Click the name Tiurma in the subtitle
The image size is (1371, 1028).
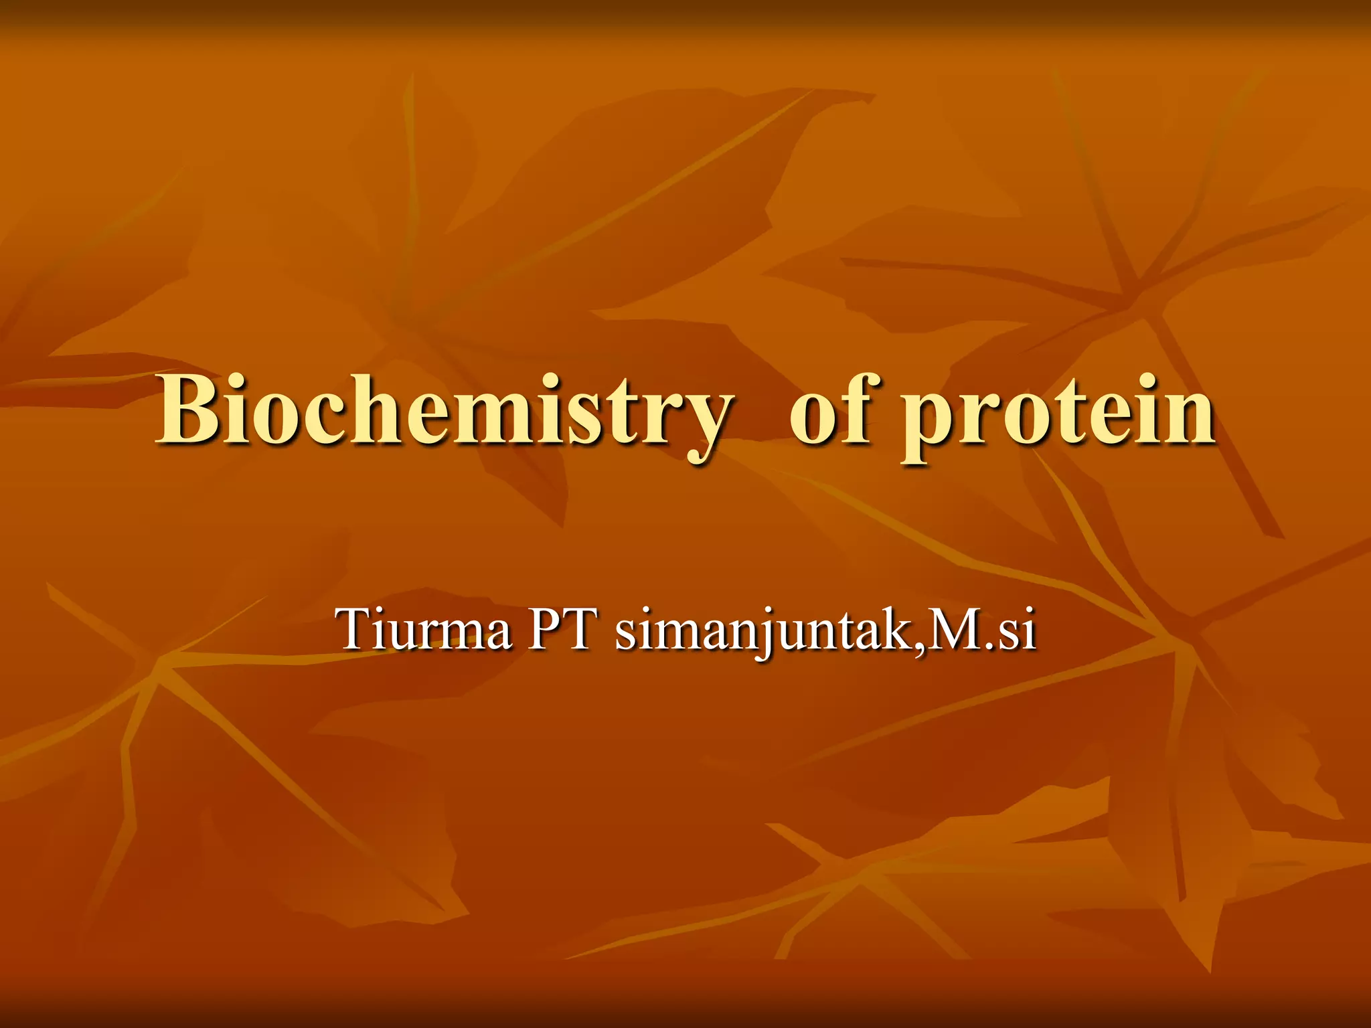coord(425,629)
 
